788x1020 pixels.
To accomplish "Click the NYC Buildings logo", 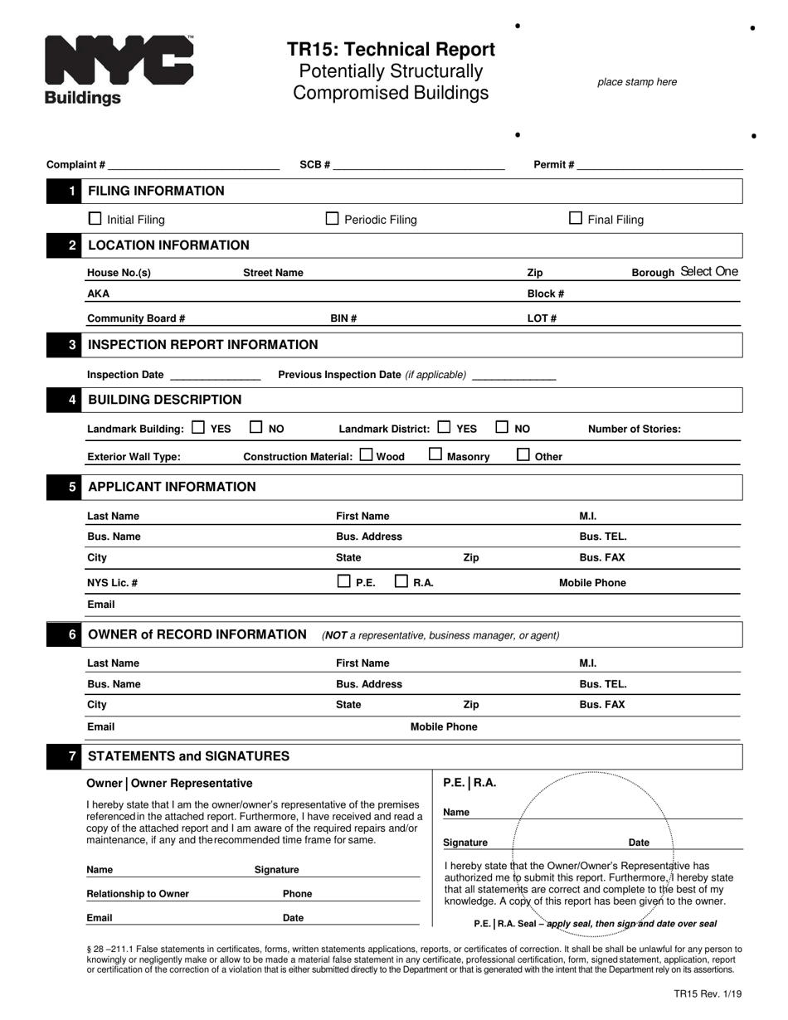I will (119, 70).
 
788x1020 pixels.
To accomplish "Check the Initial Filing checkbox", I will (95, 219).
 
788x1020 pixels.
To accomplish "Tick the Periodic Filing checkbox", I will (333, 219).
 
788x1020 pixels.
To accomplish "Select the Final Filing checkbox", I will (576, 218).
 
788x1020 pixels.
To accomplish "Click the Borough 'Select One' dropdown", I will (708, 272).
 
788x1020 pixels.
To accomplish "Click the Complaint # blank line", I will (193, 165).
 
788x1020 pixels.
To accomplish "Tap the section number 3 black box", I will (72, 345).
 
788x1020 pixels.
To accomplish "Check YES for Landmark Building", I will (198, 428).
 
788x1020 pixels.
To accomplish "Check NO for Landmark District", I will (503, 428).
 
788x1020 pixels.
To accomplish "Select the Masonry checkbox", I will (435, 454).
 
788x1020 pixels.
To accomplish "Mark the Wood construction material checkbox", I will (367, 454).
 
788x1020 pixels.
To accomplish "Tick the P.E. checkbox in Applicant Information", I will (344, 581).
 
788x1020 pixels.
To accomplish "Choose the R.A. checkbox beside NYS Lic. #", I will (401, 581).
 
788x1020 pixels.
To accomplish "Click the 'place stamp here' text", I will (637, 82).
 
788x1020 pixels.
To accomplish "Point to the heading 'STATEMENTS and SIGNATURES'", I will (189, 756).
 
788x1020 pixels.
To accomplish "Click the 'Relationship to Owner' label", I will (138, 894).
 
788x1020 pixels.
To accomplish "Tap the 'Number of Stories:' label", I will (635, 430).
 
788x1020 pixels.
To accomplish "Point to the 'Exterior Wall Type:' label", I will (134, 457).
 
